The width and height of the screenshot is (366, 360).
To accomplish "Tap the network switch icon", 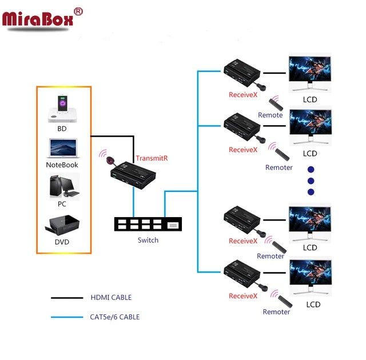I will coord(148,223).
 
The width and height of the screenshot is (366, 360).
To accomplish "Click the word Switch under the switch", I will coord(148,240).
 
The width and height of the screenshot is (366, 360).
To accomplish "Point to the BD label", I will coord(62,129).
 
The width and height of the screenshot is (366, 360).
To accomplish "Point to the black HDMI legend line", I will coord(67,298).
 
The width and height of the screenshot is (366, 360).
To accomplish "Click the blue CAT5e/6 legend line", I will coord(67,317).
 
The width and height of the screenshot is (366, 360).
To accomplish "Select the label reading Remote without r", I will coord(270,115).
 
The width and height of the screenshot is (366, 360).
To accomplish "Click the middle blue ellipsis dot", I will coord(311,181).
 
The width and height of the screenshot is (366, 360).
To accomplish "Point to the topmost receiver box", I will coord(242,71).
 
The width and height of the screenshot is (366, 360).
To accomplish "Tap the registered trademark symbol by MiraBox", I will coord(79,11).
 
